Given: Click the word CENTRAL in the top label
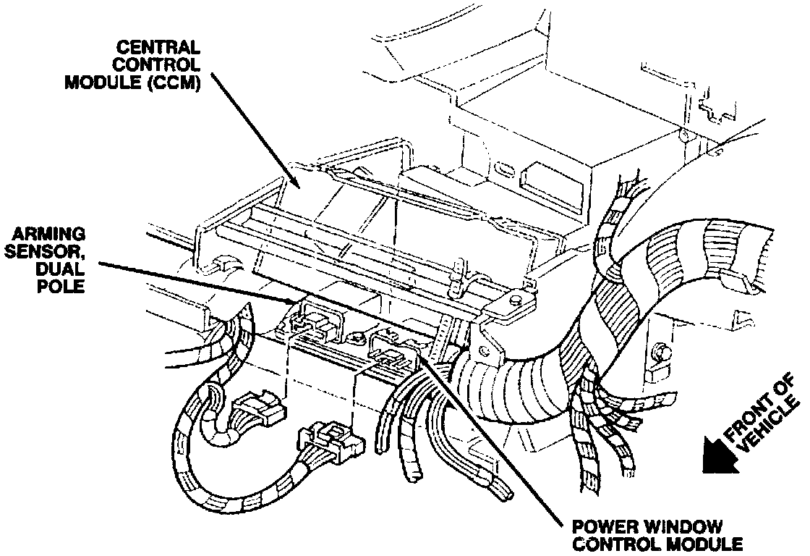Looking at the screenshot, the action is tap(158, 48).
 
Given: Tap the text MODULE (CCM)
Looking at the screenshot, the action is tap(132, 82).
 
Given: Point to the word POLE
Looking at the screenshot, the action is tap(60, 286).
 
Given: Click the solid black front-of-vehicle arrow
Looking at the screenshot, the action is tap(720, 455).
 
